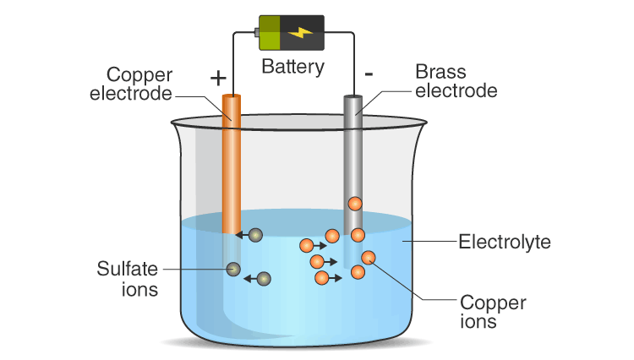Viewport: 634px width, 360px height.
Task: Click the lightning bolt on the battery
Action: [x=300, y=32]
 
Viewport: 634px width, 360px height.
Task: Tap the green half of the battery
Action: [x=270, y=33]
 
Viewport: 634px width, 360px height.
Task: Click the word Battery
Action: [x=292, y=67]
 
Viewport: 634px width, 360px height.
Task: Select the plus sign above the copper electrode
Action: [x=218, y=79]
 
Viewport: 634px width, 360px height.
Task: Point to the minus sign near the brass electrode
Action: [x=369, y=74]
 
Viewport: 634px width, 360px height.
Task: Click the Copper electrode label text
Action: [x=131, y=82]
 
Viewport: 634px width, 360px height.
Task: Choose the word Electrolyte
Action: [x=504, y=243]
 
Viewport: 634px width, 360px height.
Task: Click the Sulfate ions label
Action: [x=127, y=279]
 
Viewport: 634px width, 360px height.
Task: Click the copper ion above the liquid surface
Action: [x=355, y=204]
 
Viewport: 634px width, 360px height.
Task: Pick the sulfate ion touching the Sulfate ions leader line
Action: [x=234, y=270]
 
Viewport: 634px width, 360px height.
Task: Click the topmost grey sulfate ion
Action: [x=255, y=235]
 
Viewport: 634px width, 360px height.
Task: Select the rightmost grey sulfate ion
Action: [x=264, y=278]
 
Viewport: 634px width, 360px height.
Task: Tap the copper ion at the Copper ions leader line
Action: [x=369, y=258]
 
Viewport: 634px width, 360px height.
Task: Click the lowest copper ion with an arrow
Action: [x=321, y=277]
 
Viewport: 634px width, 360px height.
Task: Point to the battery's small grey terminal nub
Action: [x=255, y=33]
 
